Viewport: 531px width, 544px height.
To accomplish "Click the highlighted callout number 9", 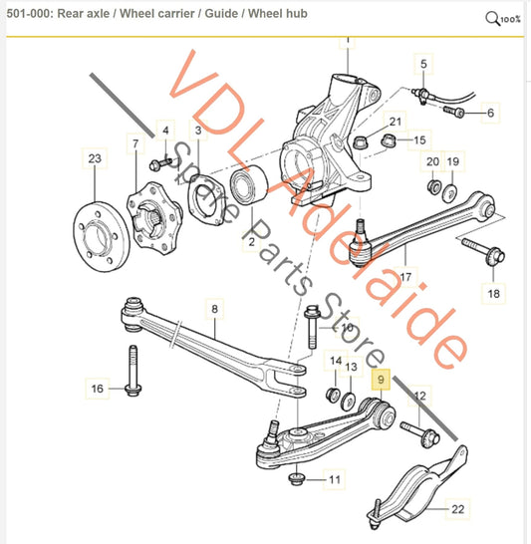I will (x=379, y=379).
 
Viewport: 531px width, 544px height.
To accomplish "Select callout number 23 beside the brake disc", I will (x=95, y=158).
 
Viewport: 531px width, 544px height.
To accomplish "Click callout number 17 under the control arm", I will (x=405, y=276).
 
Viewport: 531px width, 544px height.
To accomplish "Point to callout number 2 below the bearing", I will (x=252, y=242).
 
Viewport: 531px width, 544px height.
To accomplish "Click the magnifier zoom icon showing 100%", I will (x=502, y=18).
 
